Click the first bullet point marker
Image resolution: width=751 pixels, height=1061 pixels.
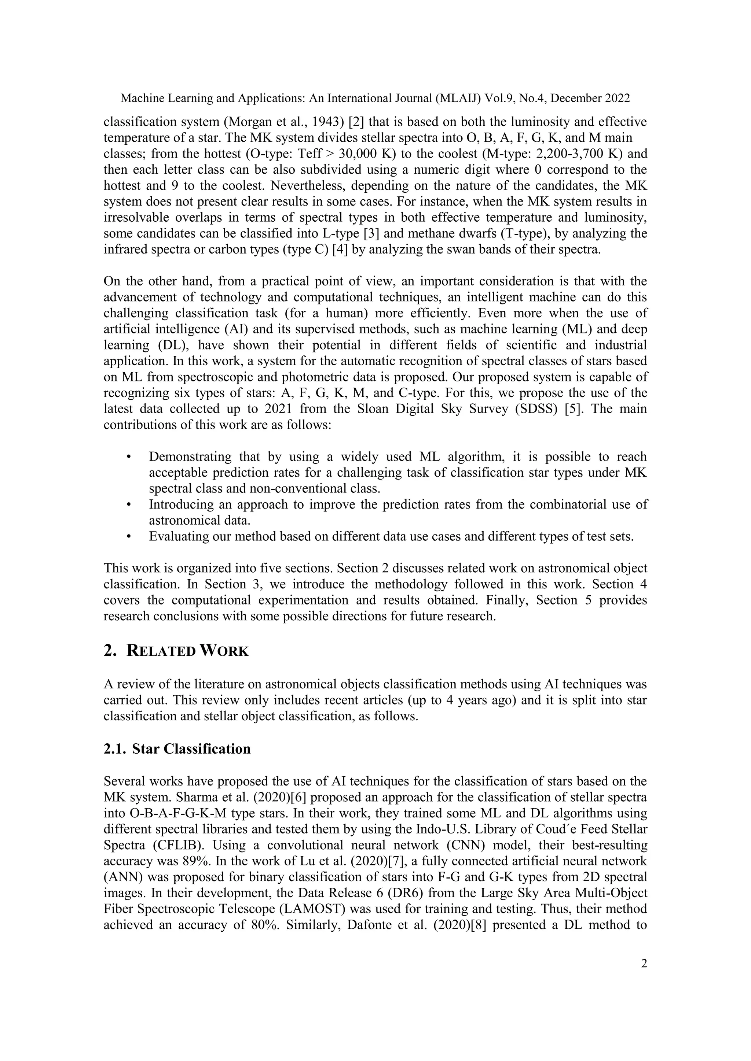129,457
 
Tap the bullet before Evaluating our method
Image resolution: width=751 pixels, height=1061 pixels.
129,536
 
